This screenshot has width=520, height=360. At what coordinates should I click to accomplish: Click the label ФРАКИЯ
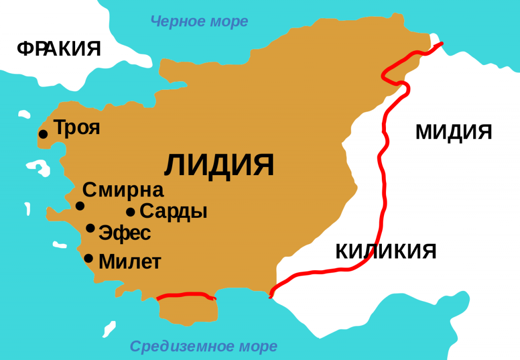point(59,49)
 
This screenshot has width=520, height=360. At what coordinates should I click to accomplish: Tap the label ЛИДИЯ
point(219,165)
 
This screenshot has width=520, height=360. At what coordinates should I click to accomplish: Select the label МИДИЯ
point(453,132)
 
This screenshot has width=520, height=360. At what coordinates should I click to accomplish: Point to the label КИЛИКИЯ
point(386,251)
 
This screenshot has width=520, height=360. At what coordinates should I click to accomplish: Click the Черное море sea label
point(200,21)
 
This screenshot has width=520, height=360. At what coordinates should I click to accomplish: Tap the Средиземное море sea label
point(204,346)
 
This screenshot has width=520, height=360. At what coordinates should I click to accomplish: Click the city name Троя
point(77,127)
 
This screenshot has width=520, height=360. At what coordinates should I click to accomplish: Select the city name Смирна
point(123,190)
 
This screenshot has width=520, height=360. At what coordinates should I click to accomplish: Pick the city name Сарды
point(173,211)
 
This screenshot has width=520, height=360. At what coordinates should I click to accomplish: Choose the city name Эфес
point(124,234)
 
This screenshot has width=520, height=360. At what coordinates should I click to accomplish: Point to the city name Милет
point(129,262)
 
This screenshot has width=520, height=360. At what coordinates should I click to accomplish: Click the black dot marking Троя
point(43,134)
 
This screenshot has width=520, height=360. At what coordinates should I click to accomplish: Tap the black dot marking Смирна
point(80,206)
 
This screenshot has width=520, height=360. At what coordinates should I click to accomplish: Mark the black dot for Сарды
point(131,212)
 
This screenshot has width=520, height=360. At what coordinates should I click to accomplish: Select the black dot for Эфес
point(90,228)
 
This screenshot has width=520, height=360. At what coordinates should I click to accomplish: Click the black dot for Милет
point(88,258)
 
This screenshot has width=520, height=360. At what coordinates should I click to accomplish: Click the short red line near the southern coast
point(186,294)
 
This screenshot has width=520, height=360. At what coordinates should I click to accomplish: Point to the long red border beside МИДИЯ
point(381,152)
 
